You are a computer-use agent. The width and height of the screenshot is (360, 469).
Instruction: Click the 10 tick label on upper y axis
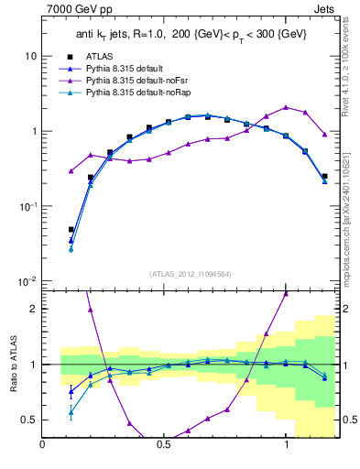pos(29,56)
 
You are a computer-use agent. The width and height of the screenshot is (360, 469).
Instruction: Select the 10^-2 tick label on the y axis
pos(27,282)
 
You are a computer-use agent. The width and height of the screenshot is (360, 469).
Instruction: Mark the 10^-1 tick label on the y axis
pos(27,207)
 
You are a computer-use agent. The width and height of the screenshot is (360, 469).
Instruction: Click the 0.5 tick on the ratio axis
pos(29,420)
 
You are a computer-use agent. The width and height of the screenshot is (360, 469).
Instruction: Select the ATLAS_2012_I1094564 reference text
pos(189,272)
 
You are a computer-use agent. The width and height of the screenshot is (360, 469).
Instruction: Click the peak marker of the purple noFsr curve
pos(286,107)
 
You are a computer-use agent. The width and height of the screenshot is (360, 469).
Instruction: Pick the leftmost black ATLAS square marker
pos(71,230)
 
